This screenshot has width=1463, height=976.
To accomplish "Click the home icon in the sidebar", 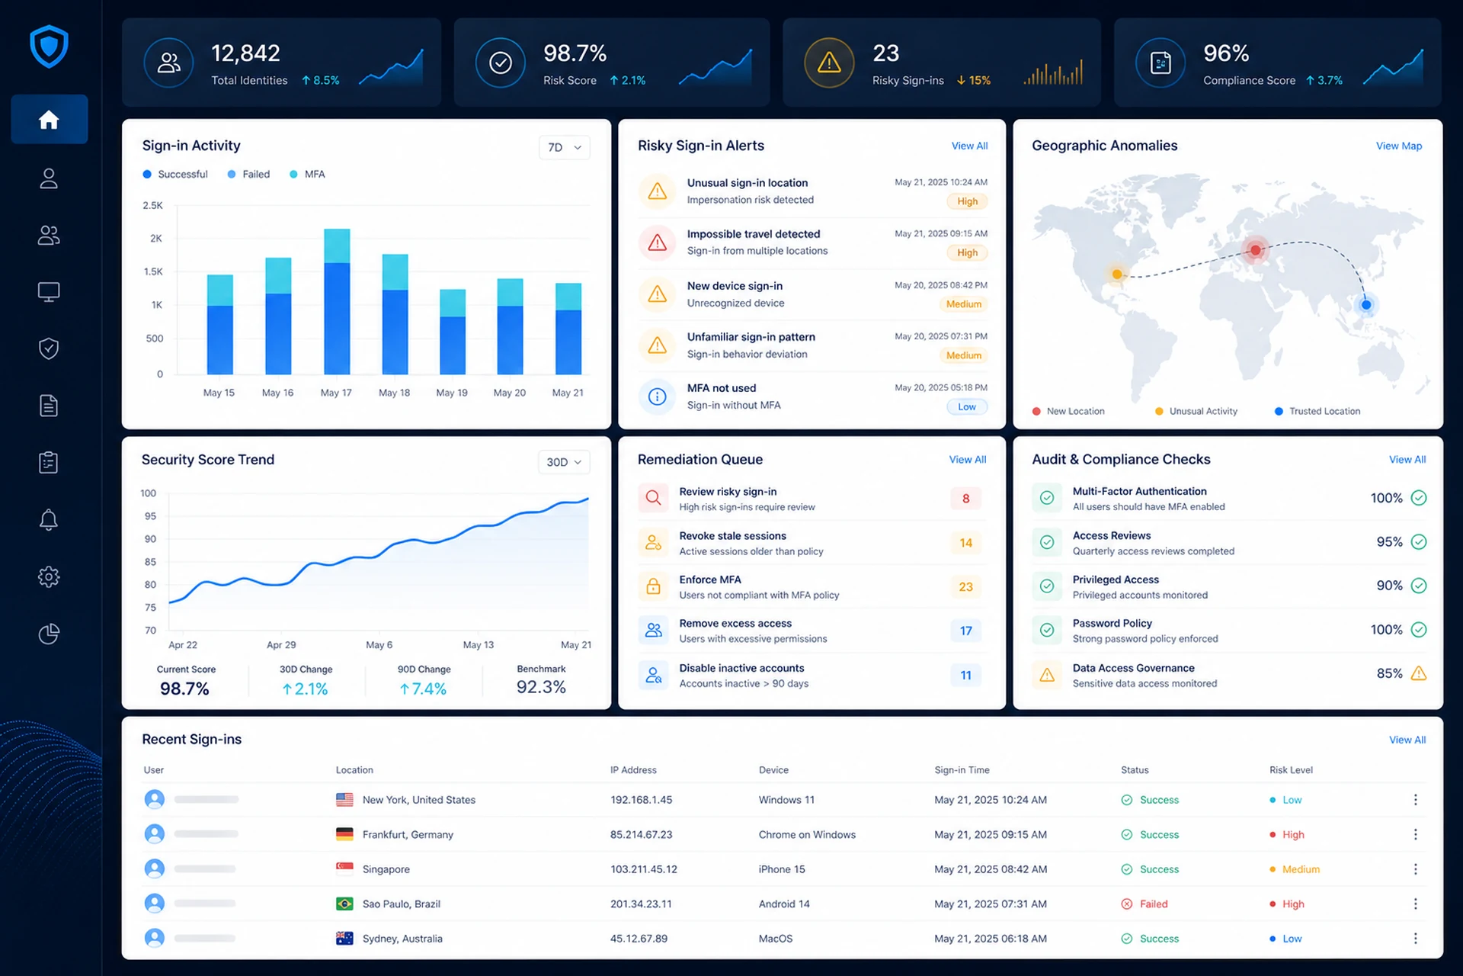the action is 49,120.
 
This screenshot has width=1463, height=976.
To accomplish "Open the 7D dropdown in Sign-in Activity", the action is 565,147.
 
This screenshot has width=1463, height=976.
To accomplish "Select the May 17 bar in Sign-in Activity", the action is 337,301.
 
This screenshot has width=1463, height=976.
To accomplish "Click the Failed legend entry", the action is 248,174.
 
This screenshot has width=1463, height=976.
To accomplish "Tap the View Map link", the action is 1399,146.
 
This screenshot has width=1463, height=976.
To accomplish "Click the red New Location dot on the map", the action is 1255,249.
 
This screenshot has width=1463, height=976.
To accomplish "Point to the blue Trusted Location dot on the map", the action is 1366,305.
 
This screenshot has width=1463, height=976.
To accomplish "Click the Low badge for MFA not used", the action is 967,406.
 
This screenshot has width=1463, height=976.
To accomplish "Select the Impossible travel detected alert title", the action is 754,234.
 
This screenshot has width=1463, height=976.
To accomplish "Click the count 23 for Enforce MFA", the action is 965,586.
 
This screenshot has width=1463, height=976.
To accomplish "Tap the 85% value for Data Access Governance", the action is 1389,673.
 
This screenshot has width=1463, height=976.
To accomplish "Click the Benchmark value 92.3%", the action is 541,687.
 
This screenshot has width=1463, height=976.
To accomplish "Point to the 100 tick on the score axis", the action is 148,493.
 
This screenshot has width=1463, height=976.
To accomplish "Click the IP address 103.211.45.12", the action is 644,869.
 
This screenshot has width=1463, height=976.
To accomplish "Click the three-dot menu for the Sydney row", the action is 1415,939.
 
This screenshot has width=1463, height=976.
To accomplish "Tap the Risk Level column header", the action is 1291,770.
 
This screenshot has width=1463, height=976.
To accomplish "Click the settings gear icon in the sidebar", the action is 49,576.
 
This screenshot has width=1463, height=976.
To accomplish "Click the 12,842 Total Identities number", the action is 245,53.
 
